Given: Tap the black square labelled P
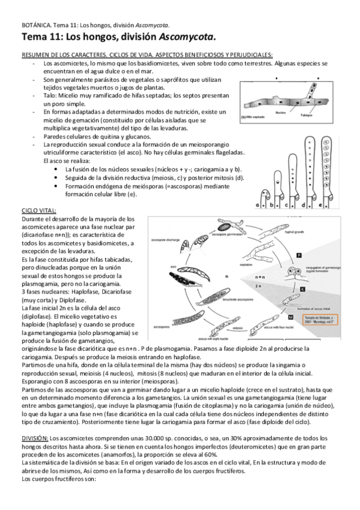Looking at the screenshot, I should point(298,256).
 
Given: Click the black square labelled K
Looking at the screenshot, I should point(302,289).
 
